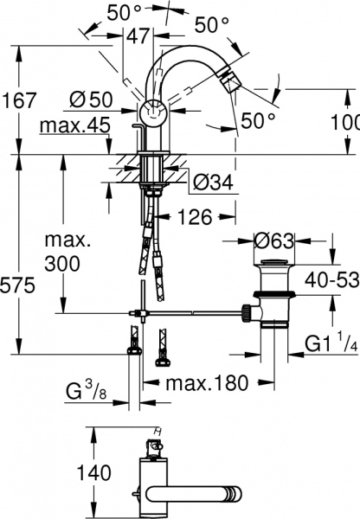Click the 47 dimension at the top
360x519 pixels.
138,36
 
